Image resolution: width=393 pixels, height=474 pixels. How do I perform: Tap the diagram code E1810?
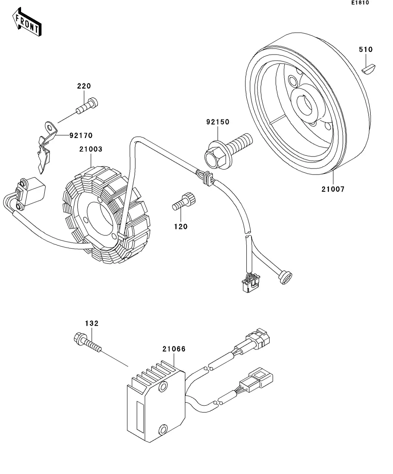pos(360,3)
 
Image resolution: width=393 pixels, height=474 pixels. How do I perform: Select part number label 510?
pos(366,50)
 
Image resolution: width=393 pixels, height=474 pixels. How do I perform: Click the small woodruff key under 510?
pos(368,67)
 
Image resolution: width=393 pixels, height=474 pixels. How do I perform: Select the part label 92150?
pos(217,122)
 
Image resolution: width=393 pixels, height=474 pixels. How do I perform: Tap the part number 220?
pos(84,86)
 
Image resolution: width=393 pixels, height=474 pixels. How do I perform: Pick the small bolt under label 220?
pos(86,105)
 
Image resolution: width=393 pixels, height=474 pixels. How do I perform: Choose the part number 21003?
pos(90,149)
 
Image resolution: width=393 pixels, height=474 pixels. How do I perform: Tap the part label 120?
pos(181,226)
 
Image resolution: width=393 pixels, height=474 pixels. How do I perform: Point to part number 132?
pos(91,323)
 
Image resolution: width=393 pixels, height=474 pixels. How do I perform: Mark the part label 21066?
pos(174,349)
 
